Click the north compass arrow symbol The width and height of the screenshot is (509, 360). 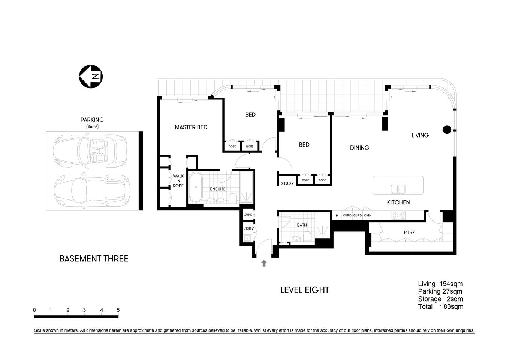tap(91, 77)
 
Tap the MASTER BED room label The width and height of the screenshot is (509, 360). tap(191, 127)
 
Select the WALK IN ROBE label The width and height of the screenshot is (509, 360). tap(178, 181)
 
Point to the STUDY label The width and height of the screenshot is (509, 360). tap(287, 184)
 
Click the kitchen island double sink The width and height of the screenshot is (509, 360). tap(398, 189)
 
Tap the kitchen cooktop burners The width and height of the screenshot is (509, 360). tap(398, 215)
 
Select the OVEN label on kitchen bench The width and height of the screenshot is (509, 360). tap(368, 216)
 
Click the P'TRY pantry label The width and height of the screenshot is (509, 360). tap(409, 232)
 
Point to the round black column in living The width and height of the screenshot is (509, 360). tap(446, 130)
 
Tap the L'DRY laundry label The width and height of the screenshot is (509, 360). tap(249, 228)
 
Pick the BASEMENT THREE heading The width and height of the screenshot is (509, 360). tap(94, 259)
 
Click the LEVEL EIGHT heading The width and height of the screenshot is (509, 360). tap(305, 290)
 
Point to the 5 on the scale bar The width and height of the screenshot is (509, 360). tap(118, 310)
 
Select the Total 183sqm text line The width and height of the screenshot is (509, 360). tap(440, 306)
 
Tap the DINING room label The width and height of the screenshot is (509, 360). tap(359, 148)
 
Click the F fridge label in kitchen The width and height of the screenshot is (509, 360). tap(337, 216)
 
